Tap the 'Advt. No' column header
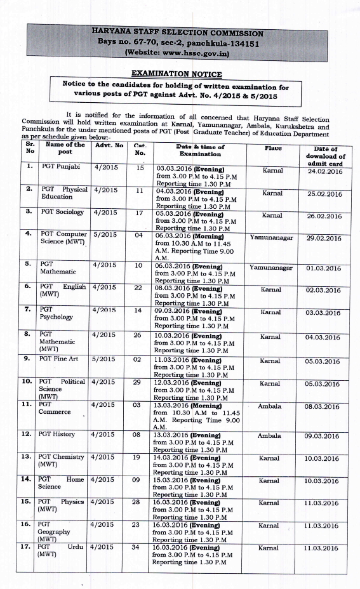coord(109,145)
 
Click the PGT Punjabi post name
coord(58,168)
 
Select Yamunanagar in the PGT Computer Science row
coord(271,237)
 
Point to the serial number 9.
coord(27,359)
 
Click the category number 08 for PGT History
coord(137,434)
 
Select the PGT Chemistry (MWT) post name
coord(61,461)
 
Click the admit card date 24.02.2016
coord(324,171)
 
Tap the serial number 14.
coord(27,479)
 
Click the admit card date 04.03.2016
coord(323,337)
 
